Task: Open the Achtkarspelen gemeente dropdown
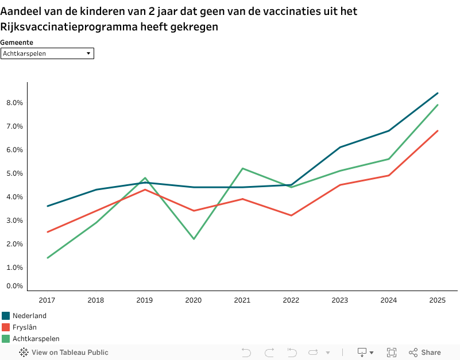click(x=47, y=53)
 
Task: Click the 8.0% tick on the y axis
click(x=14, y=103)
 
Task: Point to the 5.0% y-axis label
click(x=14, y=173)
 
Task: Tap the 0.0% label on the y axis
click(x=14, y=286)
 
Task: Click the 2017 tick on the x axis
click(x=47, y=300)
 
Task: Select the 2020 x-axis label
click(x=193, y=300)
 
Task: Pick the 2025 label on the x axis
click(x=438, y=300)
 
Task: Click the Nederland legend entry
click(x=29, y=316)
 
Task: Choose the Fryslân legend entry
click(x=25, y=327)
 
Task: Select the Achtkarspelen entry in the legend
click(x=36, y=339)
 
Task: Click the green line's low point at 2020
click(x=193, y=239)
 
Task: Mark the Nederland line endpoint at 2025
click(x=438, y=93)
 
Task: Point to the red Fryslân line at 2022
click(x=291, y=215)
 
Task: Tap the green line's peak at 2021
click(x=242, y=168)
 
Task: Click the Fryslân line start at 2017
click(x=47, y=232)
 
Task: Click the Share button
click(x=425, y=353)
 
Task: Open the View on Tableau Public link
click(x=64, y=353)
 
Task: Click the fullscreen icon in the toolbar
click(x=392, y=353)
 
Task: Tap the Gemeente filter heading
click(x=17, y=42)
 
